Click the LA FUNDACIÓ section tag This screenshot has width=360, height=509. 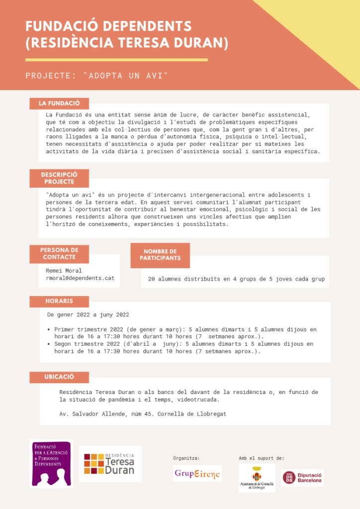(x=59, y=103)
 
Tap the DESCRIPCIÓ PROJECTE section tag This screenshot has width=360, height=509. (x=59, y=178)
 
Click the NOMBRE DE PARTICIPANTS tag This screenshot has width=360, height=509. (x=160, y=255)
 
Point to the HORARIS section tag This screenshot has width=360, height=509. (x=59, y=302)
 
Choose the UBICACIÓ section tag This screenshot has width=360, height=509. (x=59, y=377)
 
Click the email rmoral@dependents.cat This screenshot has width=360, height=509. (x=80, y=278)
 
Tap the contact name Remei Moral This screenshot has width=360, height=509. (x=63, y=271)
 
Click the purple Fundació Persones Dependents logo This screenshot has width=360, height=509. (x=51, y=463)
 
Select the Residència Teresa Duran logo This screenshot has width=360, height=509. (x=110, y=464)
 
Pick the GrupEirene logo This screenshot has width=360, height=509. (x=197, y=473)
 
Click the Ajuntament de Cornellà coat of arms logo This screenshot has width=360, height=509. (x=257, y=477)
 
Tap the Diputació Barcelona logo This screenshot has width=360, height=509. (x=302, y=478)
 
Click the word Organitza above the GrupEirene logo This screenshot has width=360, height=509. (x=186, y=458)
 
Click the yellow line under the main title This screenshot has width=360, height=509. (x=116, y=60)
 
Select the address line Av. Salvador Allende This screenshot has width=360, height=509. (x=143, y=414)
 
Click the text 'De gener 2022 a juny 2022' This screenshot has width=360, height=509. (x=88, y=315)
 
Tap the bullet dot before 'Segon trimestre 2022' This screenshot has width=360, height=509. (x=48, y=344)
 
